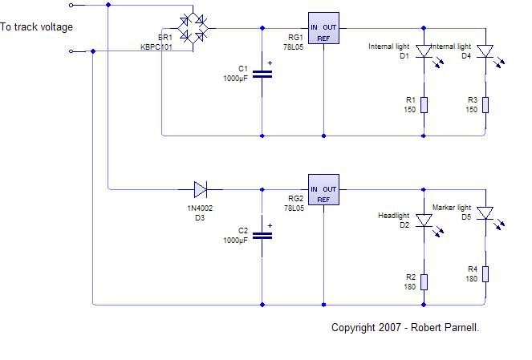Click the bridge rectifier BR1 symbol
click(x=193, y=29)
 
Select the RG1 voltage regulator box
click(x=323, y=28)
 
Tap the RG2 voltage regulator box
click(x=323, y=190)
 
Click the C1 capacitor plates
click(x=262, y=75)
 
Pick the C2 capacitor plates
click(x=262, y=236)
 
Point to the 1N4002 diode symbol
click(x=201, y=189)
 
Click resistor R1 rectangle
click(x=424, y=105)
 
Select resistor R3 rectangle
click(x=485, y=105)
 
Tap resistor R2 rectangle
click(x=424, y=282)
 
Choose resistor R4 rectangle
click(x=485, y=274)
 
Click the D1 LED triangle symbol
click(x=424, y=51)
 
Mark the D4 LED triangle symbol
click(x=485, y=51)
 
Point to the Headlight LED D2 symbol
click(x=424, y=220)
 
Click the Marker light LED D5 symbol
click(x=485, y=213)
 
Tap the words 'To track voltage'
click(x=36, y=27)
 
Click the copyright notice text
click(x=405, y=327)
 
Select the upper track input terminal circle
click(x=71, y=5)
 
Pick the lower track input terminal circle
click(x=71, y=51)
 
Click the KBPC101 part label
click(x=156, y=47)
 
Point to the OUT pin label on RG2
click(x=330, y=189)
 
